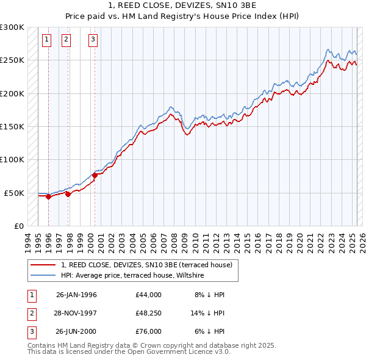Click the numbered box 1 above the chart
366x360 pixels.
(47, 40)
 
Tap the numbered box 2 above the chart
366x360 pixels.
(66, 40)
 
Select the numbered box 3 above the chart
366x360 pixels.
(93, 40)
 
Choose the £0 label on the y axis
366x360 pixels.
(18, 226)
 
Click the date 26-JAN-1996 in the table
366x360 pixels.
(76, 295)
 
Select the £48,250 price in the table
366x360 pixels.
(149, 313)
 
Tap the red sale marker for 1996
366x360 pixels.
(48, 196)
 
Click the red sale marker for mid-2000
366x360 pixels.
(95, 176)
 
